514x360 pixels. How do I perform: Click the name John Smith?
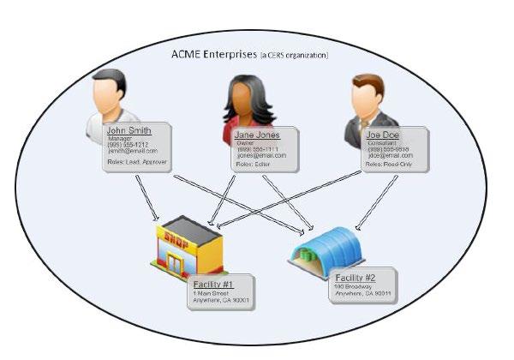coord(129,131)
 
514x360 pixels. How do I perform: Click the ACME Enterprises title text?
coord(212,56)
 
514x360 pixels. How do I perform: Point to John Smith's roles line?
coord(136,161)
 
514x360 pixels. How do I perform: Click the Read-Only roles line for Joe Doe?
coord(391,164)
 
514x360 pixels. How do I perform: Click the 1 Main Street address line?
coord(214,291)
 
